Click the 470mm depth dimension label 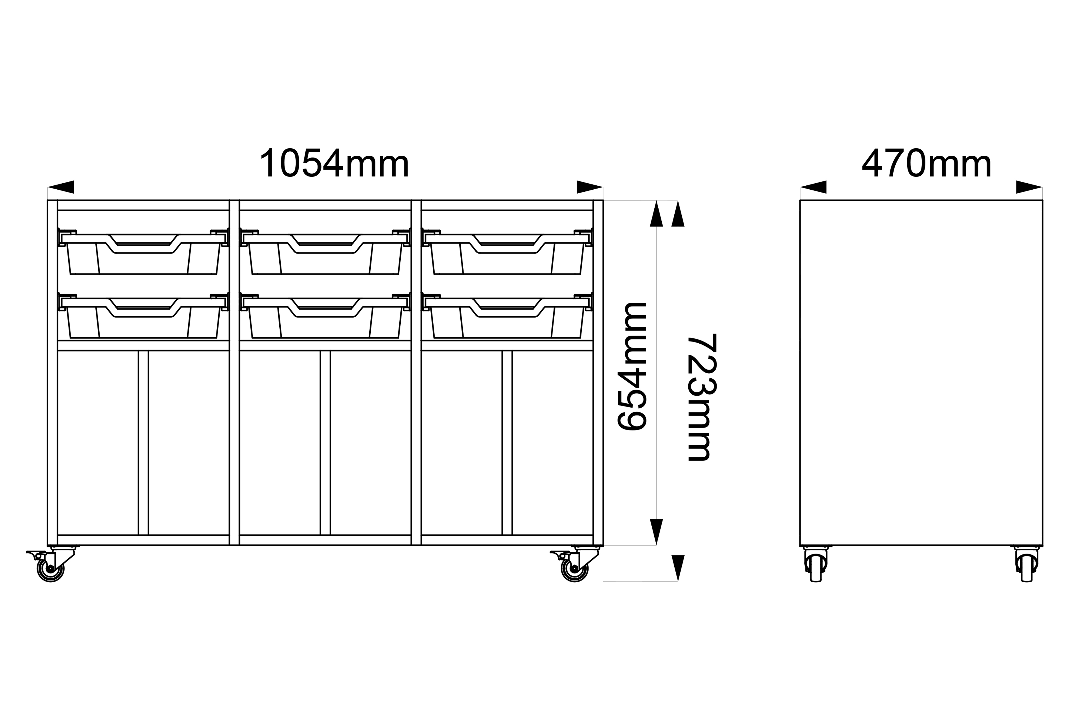coord(927,163)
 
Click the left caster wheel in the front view coord(51,569)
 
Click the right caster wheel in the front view coord(575,569)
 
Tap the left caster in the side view coord(816,565)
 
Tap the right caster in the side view coord(1026,565)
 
